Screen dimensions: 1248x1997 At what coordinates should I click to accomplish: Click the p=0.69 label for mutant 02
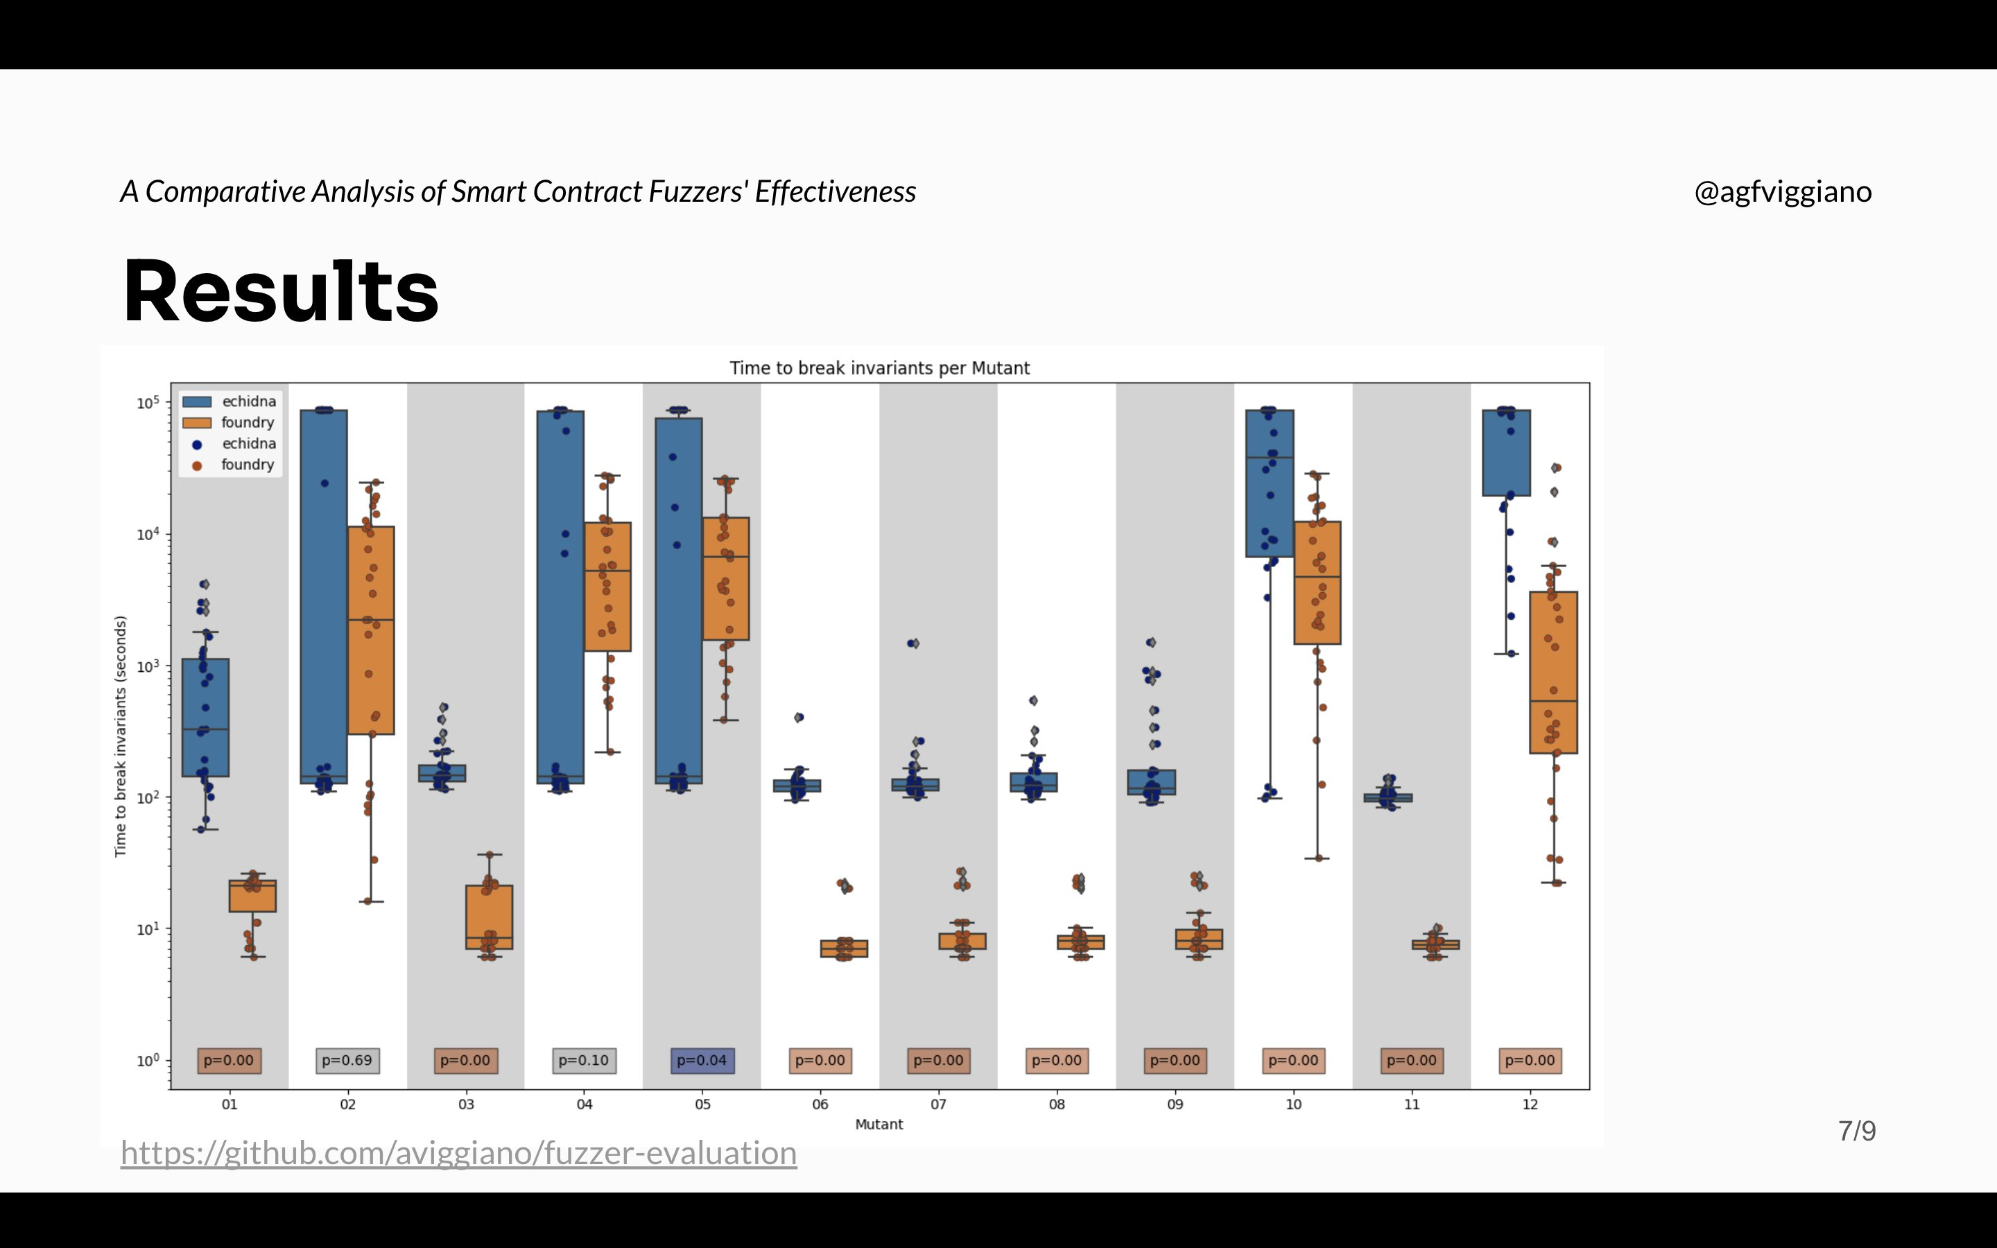[347, 1060]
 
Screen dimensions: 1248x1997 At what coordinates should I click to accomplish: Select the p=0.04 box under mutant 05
[702, 1060]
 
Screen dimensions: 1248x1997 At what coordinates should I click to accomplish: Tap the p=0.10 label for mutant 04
[583, 1060]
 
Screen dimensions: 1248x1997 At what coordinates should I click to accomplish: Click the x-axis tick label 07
[938, 1104]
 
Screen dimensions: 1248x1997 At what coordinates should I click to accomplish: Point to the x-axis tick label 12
[1530, 1104]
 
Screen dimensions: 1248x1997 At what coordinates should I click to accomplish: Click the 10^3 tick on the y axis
[148, 666]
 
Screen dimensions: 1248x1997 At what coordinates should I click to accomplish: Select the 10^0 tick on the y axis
[148, 1061]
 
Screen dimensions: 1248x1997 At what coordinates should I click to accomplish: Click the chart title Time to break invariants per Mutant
[879, 368]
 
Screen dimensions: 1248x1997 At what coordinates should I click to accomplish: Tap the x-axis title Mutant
[879, 1124]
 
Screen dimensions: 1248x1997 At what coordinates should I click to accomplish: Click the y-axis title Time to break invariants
[121, 736]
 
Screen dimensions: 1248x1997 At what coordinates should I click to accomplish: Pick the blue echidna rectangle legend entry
[197, 402]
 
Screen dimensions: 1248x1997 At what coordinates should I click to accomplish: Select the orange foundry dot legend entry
[197, 465]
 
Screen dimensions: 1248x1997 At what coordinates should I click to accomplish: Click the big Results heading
[281, 291]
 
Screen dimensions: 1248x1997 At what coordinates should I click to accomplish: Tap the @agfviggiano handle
[1783, 191]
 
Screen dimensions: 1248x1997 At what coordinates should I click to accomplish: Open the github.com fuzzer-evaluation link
[459, 1153]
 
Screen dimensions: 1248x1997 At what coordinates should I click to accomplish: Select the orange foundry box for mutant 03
[490, 916]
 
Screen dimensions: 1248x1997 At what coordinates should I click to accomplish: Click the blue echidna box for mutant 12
[1506, 452]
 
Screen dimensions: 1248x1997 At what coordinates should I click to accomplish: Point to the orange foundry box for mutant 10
[1317, 582]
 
